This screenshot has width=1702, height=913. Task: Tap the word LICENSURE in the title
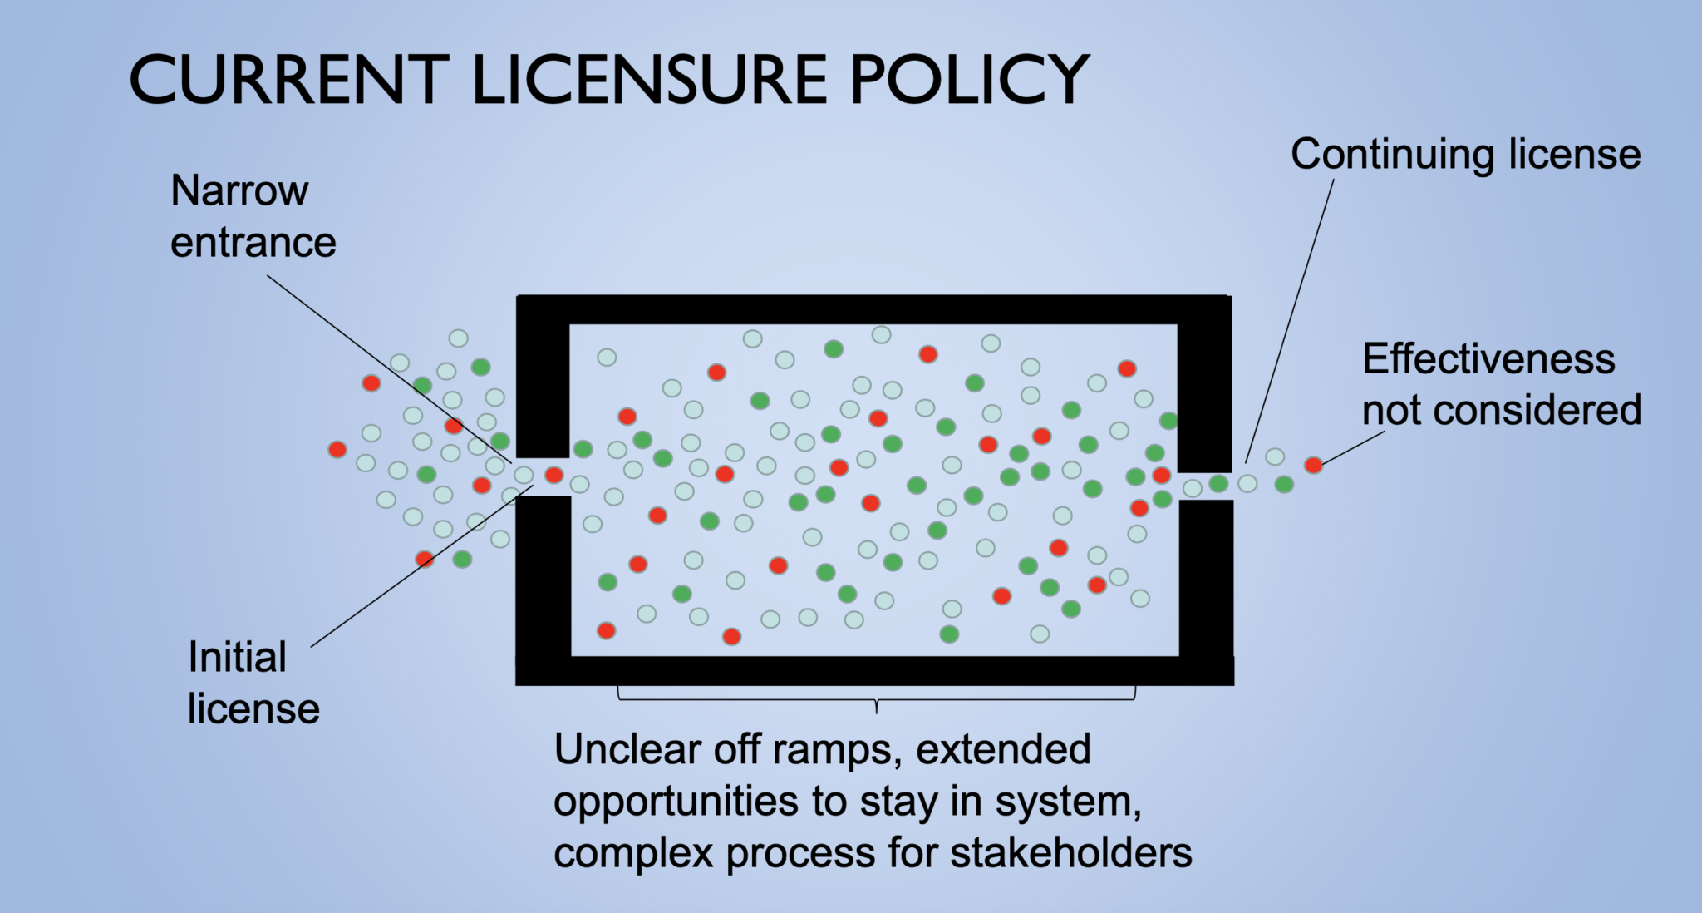(650, 80)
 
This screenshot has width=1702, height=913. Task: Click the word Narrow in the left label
(239, 191)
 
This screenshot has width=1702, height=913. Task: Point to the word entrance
(253, 243)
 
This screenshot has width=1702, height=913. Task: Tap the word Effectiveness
(1488, 359)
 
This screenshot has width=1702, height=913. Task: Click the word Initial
(237, 657)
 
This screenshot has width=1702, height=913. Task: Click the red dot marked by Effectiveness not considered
(1313, 465)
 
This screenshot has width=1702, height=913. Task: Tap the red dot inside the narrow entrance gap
(553, 476)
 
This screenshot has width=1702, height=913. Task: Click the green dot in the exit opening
(1218, 483)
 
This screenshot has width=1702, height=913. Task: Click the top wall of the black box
(873, 309)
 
